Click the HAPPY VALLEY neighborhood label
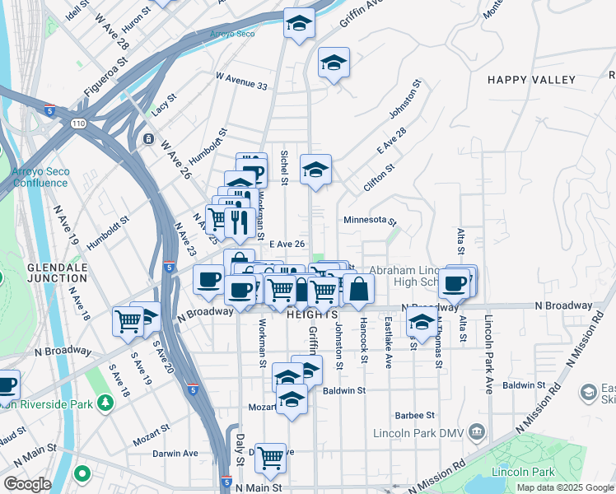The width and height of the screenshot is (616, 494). [531, 80]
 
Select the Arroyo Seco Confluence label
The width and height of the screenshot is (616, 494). [40, 177]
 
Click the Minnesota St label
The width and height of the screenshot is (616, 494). [371, 221]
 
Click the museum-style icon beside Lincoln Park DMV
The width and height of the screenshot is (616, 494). [476, 432]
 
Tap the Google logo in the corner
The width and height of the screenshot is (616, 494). [27, 484]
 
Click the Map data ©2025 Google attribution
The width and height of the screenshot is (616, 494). [566, 487]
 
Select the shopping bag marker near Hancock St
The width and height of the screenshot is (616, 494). [358, 289]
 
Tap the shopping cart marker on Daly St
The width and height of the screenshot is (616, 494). [270, 459]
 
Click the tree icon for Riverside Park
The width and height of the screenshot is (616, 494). [105, 403]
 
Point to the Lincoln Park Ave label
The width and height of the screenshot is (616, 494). [488, 354]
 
